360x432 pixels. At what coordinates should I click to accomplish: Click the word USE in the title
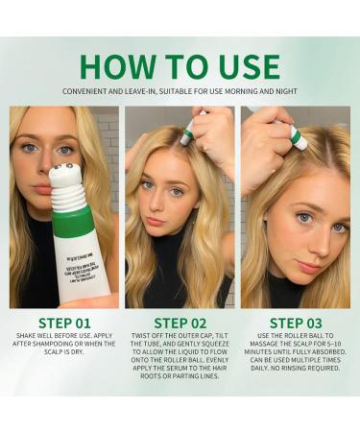249,66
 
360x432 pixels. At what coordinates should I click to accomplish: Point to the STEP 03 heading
297,323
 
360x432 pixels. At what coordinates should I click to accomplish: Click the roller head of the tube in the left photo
65,175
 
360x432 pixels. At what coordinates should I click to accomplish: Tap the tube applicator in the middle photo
188,132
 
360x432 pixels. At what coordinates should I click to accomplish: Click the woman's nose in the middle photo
154,204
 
